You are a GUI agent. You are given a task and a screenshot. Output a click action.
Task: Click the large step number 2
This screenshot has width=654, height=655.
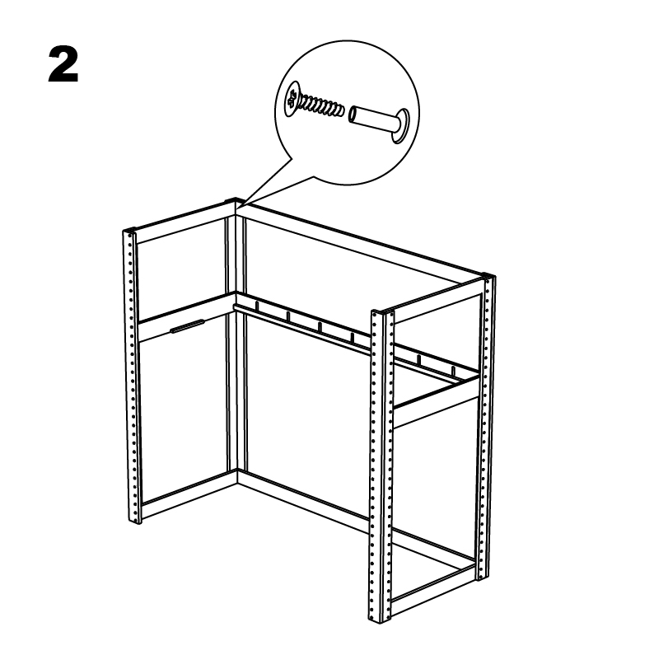(x=63, y=65)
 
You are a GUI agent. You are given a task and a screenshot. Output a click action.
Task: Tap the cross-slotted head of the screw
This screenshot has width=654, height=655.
(x=292, y=99)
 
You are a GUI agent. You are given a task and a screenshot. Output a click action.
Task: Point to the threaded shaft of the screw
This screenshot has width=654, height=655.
(x=322, y=105)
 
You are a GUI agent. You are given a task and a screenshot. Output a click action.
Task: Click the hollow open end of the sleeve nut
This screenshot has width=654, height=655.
(x=353, y=115)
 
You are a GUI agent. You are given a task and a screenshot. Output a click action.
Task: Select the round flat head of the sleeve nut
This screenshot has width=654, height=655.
(x=401, y=126)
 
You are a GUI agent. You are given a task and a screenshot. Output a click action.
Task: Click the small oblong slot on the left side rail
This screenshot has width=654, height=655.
(x=187, y=326)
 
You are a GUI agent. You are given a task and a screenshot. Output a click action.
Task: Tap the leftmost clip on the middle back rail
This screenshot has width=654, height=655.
(x=257, y=306)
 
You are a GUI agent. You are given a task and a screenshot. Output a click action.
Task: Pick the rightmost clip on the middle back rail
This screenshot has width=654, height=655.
(x=453, y=371)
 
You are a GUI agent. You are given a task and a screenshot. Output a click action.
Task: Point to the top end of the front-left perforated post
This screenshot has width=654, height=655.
(x=129, y=231)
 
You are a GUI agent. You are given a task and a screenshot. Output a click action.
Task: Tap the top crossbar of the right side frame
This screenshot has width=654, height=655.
(x=438, y=300)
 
